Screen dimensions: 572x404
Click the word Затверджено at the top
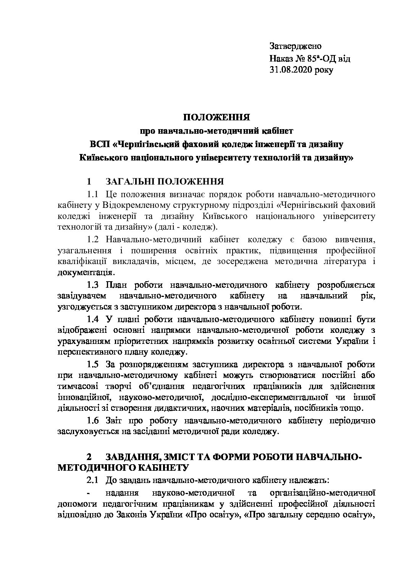295,46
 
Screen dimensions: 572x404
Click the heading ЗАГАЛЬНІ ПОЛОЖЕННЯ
164,181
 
